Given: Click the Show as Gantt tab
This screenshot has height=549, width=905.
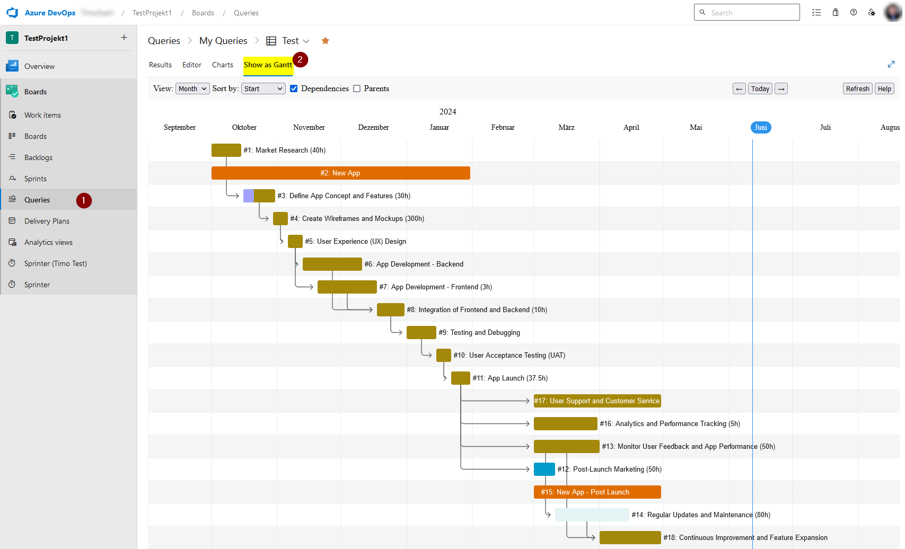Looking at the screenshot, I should pyautogui.click(x=268, y=65).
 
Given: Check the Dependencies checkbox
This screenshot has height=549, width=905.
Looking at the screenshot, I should pyautogui.click(x=294, y=88).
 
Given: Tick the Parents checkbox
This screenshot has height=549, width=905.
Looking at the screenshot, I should pyautogui.click(x=357, y=88).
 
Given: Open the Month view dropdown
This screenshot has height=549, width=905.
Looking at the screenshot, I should pyautogui.click(x=192, y=88).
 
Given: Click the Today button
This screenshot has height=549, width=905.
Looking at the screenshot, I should pyautogui.click(x=760, y=88).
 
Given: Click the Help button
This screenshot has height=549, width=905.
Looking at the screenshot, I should pyautogui.click(x=884, y=88).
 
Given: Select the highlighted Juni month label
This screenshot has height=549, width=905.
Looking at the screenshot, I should pyautogui.click(x=760, y=127).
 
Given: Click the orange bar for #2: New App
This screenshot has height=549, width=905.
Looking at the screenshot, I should pyautogui.click(x=340, y=173).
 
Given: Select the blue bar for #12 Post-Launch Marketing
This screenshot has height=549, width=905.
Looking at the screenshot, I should pyautogui.click(x=544, y=469).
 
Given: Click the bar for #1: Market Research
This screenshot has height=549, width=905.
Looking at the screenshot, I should pyautogui.click(x=226, y=150).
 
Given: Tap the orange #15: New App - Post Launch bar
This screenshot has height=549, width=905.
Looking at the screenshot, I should pyautogui.click(x=597, y=492).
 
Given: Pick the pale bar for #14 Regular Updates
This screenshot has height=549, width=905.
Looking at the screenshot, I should pyautogui.click(x=592, y=515).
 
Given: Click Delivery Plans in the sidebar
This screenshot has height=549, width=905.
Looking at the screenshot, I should pyautogui.click(x=47, y=221).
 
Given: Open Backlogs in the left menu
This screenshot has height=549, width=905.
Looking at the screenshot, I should pyautogui.click(x=38, y=157).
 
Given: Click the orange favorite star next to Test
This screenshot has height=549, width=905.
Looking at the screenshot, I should pyautogui.click(x=325, y=41).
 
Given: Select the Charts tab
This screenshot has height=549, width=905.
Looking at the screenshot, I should pyautogui.click(x=222, y=65).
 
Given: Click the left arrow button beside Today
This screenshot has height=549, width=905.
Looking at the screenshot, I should pyautogui.click(x=739, y=88).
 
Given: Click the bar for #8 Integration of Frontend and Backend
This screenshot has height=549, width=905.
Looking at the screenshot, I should pyautogui.click(x=390, y=309).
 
